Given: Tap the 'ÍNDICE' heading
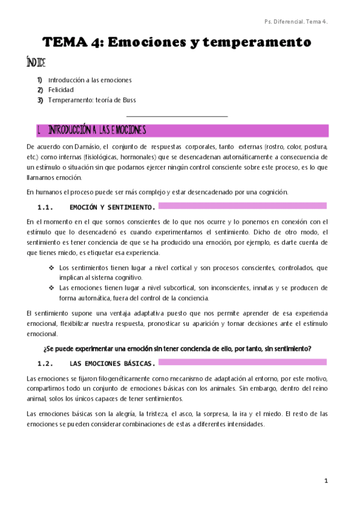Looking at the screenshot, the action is point(36,63).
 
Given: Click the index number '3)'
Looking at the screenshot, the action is point(40,100).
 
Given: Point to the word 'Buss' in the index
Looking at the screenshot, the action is point(136,100).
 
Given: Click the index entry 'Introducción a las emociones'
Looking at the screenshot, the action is point(90,79).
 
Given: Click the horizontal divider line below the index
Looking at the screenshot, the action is point(177,116).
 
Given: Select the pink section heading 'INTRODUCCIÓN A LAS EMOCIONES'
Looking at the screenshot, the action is point(97,130).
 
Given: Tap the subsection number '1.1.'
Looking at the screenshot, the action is point(46,207).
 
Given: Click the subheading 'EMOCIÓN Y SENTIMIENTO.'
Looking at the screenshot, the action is point(112,207).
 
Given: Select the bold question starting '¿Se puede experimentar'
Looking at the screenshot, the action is point(177,349).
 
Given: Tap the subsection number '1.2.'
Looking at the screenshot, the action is point(46,363).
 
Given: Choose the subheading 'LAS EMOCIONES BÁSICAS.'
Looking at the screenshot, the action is point(112,363).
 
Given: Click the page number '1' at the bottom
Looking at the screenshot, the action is point(326,481).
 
